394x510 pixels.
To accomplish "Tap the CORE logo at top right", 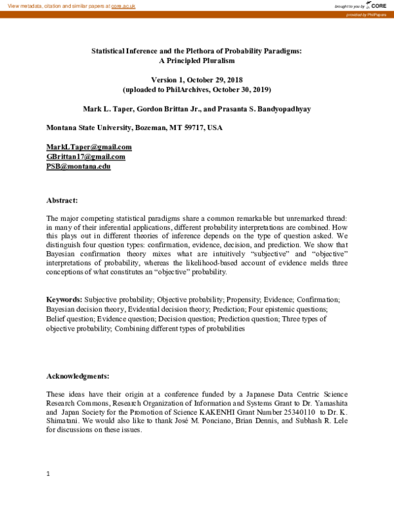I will click(376, 5).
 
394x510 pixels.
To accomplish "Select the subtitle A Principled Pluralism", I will click(196, 60).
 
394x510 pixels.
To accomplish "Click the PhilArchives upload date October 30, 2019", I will click(230, 89).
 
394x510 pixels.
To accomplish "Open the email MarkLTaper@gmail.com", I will click(89, 147).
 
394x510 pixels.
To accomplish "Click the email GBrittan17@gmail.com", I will click(85, 156).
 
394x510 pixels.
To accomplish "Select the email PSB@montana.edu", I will click(78, 166).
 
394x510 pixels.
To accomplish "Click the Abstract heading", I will click(62, 200).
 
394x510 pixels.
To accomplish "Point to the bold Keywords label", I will click(64, 299).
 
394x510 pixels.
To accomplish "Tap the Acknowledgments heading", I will click(77, 376).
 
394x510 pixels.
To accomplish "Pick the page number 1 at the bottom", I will click(49, 474).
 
